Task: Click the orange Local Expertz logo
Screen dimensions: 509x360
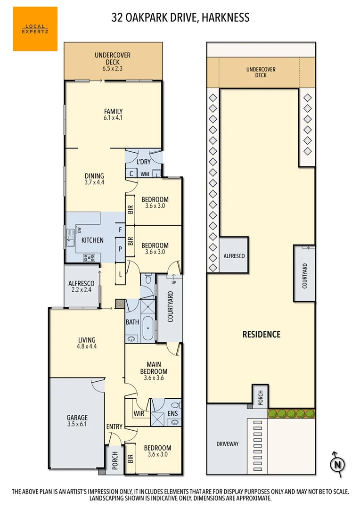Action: [35, 29]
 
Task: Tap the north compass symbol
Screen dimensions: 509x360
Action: [337, 464]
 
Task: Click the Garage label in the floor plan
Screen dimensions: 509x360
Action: [77, 418]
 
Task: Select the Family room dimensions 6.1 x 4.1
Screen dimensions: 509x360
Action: [113, 118]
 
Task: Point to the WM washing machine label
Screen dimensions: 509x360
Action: [145, 174]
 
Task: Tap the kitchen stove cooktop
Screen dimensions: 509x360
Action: [89, 257]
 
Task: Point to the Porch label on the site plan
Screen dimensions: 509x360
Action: [260, 397]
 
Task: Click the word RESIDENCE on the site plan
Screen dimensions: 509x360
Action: [262, 334]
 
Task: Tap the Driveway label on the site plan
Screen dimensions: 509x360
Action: [228, 443]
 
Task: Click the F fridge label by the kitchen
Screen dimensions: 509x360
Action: [120, 230]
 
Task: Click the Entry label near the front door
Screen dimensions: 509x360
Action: [114, 427]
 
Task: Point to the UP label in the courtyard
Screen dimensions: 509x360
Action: [173, 282]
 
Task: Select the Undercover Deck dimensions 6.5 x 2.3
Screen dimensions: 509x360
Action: [113, 69]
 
